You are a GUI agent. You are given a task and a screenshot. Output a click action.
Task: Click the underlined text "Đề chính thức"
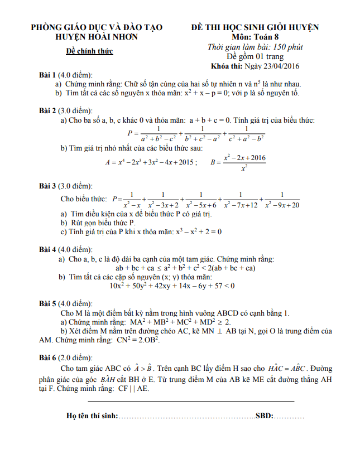[89, 51]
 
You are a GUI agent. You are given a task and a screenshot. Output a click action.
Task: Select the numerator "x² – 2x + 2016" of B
[244, 158]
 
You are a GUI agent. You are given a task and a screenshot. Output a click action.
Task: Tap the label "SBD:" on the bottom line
[264, 416]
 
